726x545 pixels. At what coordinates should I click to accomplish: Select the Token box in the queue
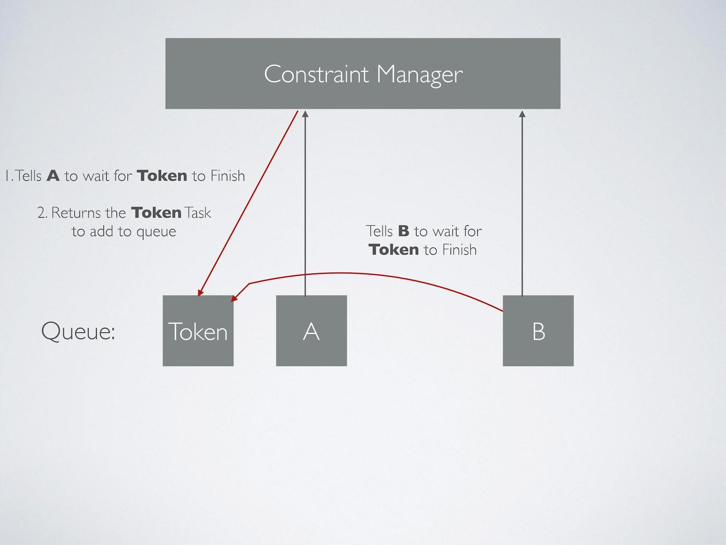[x=198, y=331]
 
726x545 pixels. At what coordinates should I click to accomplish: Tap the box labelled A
[x=311, y=331]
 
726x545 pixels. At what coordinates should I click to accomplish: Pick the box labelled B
[x=538, y=331]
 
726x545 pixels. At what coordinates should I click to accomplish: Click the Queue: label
[x=78, y=331]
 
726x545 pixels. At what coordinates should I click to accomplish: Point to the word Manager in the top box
[x=419, y=74]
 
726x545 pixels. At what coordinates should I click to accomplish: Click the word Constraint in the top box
[x=316, y=74]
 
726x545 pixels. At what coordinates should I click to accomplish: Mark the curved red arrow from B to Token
[x=363, y=274]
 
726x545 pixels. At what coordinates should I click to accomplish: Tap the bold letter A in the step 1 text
[x=53, y=176]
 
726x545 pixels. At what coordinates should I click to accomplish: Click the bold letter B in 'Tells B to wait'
[x=403, y=231]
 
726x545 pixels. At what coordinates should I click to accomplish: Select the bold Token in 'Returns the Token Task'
[x=156, y=213]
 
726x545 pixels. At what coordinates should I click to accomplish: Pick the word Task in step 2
[x=198, y=213]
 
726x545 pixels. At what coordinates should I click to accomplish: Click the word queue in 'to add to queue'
[x=156, y=232]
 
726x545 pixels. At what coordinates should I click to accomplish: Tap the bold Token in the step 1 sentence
[x=162, y=176]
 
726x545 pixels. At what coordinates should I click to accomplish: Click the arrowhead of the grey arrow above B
[x=522, y=114]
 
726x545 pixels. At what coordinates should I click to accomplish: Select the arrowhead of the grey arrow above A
[x=305, y=114]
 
